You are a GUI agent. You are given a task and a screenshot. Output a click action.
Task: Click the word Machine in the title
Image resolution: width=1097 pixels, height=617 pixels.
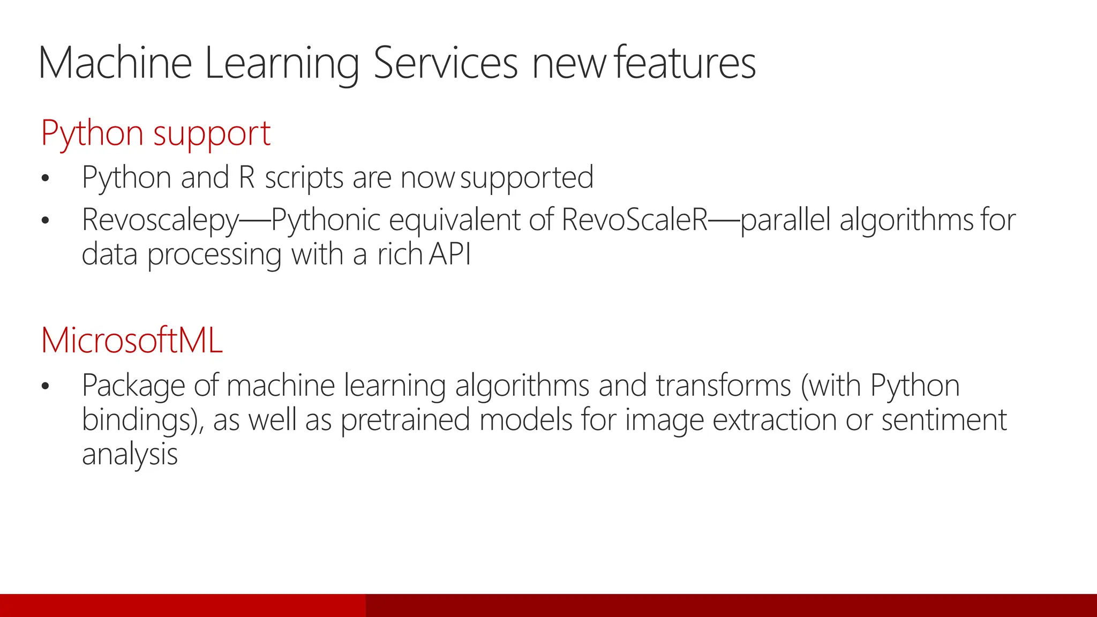pyautogui.click(x=115, y=63)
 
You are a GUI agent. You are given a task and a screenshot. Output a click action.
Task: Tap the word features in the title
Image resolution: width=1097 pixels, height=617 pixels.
pyautogui.click(x=685, y=63)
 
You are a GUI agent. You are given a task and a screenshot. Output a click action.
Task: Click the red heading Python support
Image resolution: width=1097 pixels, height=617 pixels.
pyautogui.click(x=155, y=133)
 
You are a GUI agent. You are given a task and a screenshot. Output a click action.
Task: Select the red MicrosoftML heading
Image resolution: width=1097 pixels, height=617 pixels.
pyautogui.click(x=132, y=340)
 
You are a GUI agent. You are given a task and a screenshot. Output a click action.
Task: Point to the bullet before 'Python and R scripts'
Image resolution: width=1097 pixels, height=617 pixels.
pyautogui.click(x=46, y=178)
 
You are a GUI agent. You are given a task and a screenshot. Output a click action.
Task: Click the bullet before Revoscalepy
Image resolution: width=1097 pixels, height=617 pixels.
pyautogui.click(x=46, y=221)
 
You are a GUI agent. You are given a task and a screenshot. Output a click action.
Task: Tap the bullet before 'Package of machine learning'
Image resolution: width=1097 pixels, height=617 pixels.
pyautogui.click(x=46, y=386)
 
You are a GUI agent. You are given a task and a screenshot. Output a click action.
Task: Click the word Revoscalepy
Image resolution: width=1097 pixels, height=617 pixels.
pyautogui.click(x=160, y=221)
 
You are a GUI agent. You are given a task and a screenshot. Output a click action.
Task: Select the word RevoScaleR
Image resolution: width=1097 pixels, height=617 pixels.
pyautogui.click(x=635, y=220)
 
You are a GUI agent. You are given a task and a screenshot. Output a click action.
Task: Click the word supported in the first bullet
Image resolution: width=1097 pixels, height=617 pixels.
pyautogui.click(x=527, y=178)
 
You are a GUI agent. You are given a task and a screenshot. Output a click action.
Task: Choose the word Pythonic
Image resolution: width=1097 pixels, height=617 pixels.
pyautogui.click(x=326, y=220)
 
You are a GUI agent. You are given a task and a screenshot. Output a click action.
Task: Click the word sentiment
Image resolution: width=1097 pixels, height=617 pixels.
pyautogui.click(x=944, y=420)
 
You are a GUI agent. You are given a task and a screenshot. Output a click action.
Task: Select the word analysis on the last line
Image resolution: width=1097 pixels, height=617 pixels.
pyautogui.click(x=130, y=455)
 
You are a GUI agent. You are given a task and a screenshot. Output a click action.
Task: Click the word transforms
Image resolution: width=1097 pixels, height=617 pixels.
pyautogui.click(x=724, y=386)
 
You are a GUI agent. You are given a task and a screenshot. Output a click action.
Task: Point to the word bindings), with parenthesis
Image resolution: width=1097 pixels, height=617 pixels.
pyautogui.click(x=143, y=420)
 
